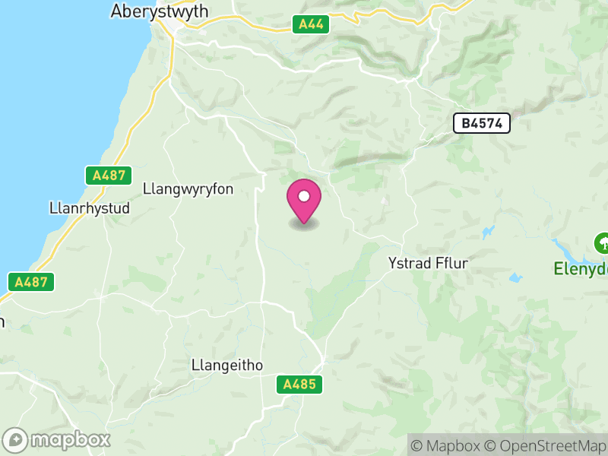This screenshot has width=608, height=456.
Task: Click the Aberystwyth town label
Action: tap(159, 11)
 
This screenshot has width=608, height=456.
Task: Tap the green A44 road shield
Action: tap(312, 24)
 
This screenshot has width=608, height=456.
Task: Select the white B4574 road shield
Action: tap(482, 123)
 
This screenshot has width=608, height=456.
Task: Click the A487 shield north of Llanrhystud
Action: tap(108, 176)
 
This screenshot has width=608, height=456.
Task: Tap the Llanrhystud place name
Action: tap(90, 207)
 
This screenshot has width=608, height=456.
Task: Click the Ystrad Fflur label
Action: tap(427, 264)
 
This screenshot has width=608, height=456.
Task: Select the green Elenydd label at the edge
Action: tap(581, 268)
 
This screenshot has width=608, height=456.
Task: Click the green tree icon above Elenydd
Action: tap(602, 243)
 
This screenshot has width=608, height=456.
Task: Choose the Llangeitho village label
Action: tap(227, 366)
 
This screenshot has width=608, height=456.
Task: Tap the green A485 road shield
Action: tap(299, 385)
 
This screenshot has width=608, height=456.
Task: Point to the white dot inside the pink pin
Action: tap(304, 196)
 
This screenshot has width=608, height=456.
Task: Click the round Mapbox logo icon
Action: tap(16, 439)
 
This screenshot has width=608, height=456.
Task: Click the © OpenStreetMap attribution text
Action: tap(544, 445)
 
